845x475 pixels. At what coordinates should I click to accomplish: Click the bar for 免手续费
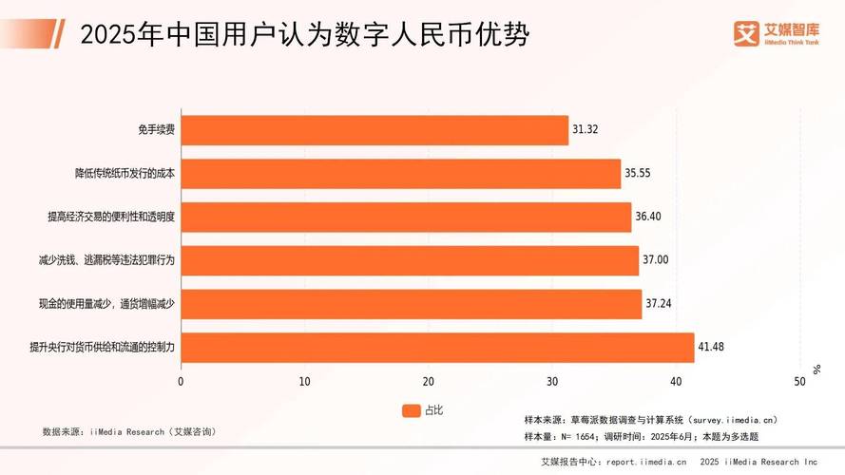[374, 130]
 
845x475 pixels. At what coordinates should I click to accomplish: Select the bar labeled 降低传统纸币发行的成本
[400, 174]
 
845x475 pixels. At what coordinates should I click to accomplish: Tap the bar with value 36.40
[406, 217]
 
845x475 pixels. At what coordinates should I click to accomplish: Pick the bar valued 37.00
[410, 260]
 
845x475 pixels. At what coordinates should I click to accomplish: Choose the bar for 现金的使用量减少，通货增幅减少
[411, 304]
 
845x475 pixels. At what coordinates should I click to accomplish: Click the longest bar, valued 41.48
[437, 348]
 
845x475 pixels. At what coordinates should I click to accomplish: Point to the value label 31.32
[586, 130]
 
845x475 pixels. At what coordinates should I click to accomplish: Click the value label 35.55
[638, 174]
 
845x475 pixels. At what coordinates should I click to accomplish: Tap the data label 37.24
[659, 304]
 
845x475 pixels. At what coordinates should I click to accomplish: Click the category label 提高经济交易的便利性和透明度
[112, 217]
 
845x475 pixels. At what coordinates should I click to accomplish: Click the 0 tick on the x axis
[181, 382]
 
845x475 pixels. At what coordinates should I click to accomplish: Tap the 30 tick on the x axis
[552, 382]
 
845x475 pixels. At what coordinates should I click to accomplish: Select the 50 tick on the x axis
[799, 382]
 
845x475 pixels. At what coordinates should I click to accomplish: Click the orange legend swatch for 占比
[411, 410]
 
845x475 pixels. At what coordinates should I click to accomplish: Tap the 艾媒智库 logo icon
[747, 32]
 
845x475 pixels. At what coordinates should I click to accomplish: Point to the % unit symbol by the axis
[816, 368]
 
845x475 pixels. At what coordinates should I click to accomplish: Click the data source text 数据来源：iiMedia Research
[129, 431]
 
